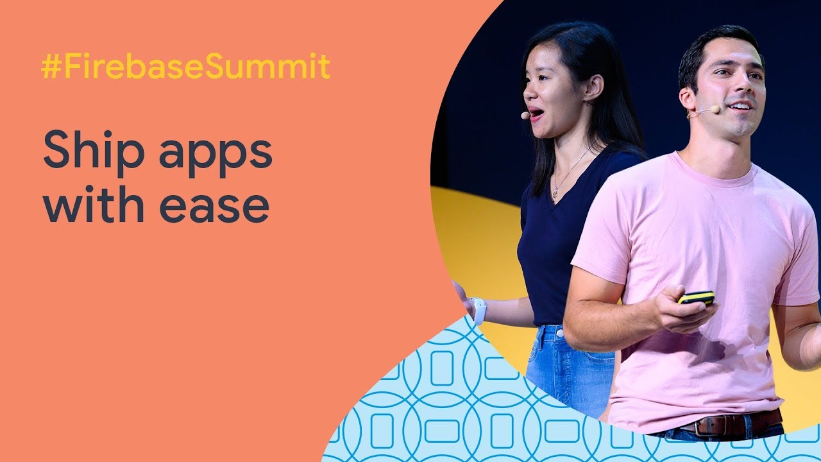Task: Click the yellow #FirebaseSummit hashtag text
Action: [186, 66]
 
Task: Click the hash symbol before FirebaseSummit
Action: [51, 67]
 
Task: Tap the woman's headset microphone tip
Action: [525, 116]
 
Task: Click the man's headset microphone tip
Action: [715, 109]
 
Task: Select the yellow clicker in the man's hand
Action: [697, 297]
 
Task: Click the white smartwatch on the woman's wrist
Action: [478, 310]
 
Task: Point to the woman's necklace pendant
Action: [555, 193]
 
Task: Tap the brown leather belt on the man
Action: [730, 423]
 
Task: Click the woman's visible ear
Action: [593, 88]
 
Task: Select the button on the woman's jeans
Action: [560, 333]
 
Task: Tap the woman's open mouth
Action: [535, 114]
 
